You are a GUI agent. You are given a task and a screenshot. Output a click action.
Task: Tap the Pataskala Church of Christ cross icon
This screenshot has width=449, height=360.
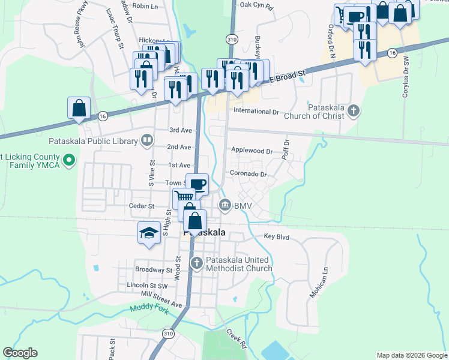354,110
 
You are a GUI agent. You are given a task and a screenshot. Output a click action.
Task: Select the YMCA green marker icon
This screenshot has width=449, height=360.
69,160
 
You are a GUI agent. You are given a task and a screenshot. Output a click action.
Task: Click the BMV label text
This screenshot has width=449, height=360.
243,206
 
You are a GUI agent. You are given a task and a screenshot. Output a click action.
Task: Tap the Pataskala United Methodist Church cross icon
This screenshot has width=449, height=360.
196,263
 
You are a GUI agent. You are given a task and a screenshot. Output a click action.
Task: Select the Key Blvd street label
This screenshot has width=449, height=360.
276,237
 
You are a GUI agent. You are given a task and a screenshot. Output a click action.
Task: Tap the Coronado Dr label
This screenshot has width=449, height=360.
247,174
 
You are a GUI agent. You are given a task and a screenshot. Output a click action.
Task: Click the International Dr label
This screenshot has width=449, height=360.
256,111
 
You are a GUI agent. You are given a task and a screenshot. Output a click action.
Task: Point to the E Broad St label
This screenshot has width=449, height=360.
288,76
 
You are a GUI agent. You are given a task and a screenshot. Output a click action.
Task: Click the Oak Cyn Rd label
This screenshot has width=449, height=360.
256,5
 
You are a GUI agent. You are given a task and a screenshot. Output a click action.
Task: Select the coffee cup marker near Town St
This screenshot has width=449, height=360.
197,184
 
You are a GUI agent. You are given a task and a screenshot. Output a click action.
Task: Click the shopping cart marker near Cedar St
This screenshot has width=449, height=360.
184,197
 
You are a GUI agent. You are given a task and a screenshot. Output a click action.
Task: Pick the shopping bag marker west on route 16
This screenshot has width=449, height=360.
79,108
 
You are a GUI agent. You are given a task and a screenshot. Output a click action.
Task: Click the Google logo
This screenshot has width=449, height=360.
20,353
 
